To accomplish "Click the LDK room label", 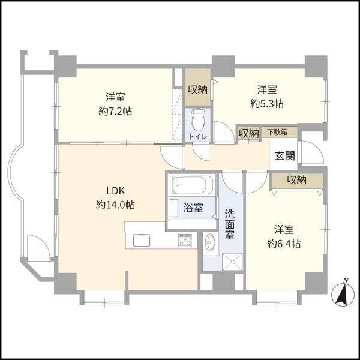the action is pyautogui.click(x=115, y=191).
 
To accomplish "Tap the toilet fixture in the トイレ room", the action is pyautogui.click(x=198, y=120).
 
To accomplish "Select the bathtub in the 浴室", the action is pyautogui.click(x=193, y=185).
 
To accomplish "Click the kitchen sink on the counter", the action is pyautogui.click(x=142, y=241).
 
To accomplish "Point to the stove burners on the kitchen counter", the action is pyautogui.click(x=185, y=241).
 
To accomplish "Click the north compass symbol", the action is pyautogui.click(x=343, y=294).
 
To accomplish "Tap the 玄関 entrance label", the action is pyautogui.click(x=284, y=156).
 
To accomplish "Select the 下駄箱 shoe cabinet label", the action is pyautogui.click(x=278, y=132).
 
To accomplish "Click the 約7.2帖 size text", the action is pyautogui.click(x=115, y=112).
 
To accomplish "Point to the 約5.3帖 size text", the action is pyautogui.click(x=267, y=104).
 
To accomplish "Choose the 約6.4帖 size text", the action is pyautogui.click(x=284, y=244).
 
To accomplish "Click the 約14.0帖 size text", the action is pyautogui.click(x=115, y=205).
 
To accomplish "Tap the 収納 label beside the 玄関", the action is pyautogui.click(x=296, y=180).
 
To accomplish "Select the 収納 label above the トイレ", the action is pyautogui.click(x=198, y=89).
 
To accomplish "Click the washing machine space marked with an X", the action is pyautogui.click(x=232, y=262).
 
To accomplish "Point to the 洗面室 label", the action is pyautogui.click(x=230, y=224).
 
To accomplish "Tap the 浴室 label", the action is pyautogui.click(x=193, y=208).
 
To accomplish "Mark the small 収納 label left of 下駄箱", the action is pyautogui.click(x=248, y=133).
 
